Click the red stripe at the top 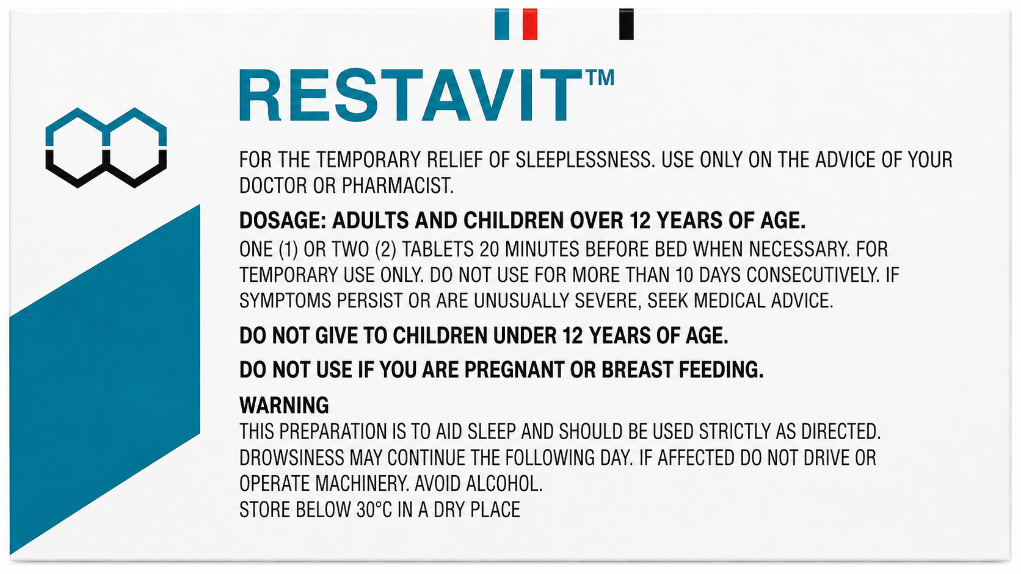coord(529,24)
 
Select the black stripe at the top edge coord(627,24)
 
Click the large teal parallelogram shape coord(105,380)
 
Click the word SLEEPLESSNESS coord(585,160)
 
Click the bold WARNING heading coord(284,405)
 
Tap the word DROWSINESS coord(292,458)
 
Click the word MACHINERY coord(361,484)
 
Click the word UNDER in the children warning coord(525,336)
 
